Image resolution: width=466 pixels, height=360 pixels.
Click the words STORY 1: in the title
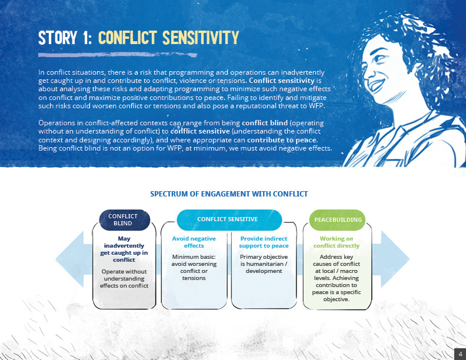pyautogui.click(x=64, y=38)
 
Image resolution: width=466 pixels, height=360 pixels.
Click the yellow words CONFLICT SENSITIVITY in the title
pyautogui.click(x=168, y=38)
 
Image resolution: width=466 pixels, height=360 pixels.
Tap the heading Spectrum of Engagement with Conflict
pyautogui.click(x=229, y=194)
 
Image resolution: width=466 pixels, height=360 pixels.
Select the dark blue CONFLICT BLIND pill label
pyautogui.click(x=124, y=220)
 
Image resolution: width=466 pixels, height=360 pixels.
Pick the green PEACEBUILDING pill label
pyautogui.click(x=338, y=219)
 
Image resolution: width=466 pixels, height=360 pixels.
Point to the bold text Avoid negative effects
pyautogui.click(x=194, y=242)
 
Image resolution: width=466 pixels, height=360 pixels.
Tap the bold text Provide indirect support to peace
pyautogui.click(x=264, y=242)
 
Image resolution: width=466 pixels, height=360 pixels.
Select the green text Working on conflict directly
pyautogui.click(x=336, y=242)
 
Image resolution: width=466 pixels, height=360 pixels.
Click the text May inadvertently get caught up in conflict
pyautogui.click(x=124, y=249)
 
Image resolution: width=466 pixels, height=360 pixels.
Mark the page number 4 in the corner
pyautogui.click(x=459, y=353)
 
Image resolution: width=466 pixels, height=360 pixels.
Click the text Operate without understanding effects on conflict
pyautogui.click(x=124, y=279)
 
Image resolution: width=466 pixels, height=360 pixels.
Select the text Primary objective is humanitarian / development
pyautogui.click(x=264, y=264)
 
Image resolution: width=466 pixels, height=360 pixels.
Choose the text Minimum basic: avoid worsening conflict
pyautogui.click(x=194, y=268)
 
